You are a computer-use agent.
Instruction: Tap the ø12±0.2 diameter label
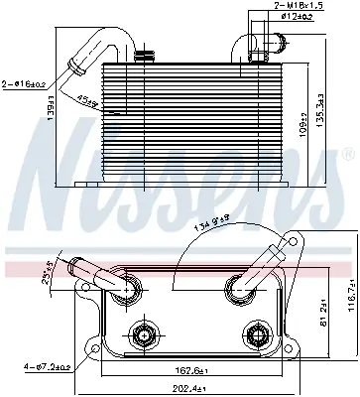299,17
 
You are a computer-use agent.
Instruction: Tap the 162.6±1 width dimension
181,347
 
